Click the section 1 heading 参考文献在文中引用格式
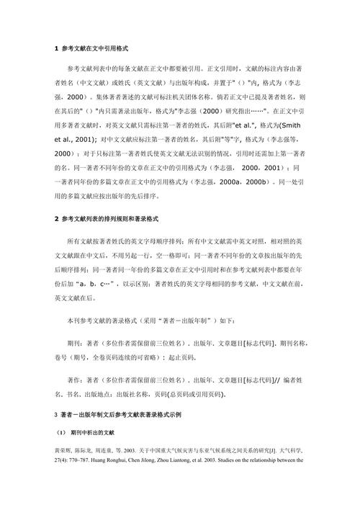coord(94,48)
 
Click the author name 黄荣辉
coord(65,448)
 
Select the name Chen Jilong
coord(167,459)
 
